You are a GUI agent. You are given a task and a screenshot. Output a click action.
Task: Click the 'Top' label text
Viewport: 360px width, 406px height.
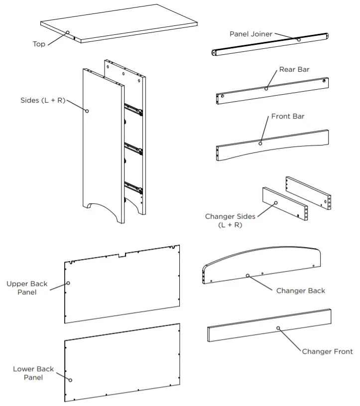[x=39, y=44]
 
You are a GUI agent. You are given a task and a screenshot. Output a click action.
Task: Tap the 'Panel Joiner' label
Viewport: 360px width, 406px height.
[x=250, y=34]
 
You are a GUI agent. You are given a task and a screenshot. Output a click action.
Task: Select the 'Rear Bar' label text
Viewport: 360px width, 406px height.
[x=294, y=69]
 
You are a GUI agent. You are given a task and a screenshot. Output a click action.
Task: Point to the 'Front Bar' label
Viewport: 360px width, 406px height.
[x=287, y=116]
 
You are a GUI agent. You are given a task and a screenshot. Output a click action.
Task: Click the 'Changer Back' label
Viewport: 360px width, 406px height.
[x=300, y=290]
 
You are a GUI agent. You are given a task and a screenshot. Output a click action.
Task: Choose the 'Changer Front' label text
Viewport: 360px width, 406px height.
[x=327, y=351]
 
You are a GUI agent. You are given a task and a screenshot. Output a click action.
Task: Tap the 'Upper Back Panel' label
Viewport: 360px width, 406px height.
[x=27, y=288]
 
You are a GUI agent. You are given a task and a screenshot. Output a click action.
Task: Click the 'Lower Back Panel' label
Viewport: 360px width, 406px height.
[x=33, y=373]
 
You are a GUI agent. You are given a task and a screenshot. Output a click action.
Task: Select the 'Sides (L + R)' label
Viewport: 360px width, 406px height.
[x=43, y=100]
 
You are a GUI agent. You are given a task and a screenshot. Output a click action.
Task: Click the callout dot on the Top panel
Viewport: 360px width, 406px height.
[x=67, y=33]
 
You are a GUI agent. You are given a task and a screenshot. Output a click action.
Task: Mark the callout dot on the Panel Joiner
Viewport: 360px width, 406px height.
[x=299, y=39]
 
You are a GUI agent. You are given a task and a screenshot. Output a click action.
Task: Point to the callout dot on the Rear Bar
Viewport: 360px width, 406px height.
[x=266, y=89]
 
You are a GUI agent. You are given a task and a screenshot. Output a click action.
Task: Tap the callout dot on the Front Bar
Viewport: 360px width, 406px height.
[x=260, y=143]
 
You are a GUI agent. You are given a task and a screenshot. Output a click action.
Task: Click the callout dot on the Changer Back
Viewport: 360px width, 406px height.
[x=247, y=275]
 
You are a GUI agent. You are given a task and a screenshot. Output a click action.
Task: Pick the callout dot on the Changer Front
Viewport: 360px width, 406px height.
[x=278, y=328]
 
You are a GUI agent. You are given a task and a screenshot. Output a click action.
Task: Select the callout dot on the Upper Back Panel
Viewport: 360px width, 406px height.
[x=68, y=282]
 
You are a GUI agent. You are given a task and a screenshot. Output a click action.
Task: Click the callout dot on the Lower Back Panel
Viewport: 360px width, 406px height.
[x=70, y=380]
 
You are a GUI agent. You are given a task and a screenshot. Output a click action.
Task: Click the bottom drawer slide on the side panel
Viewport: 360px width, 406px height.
[x=133, y=187]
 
